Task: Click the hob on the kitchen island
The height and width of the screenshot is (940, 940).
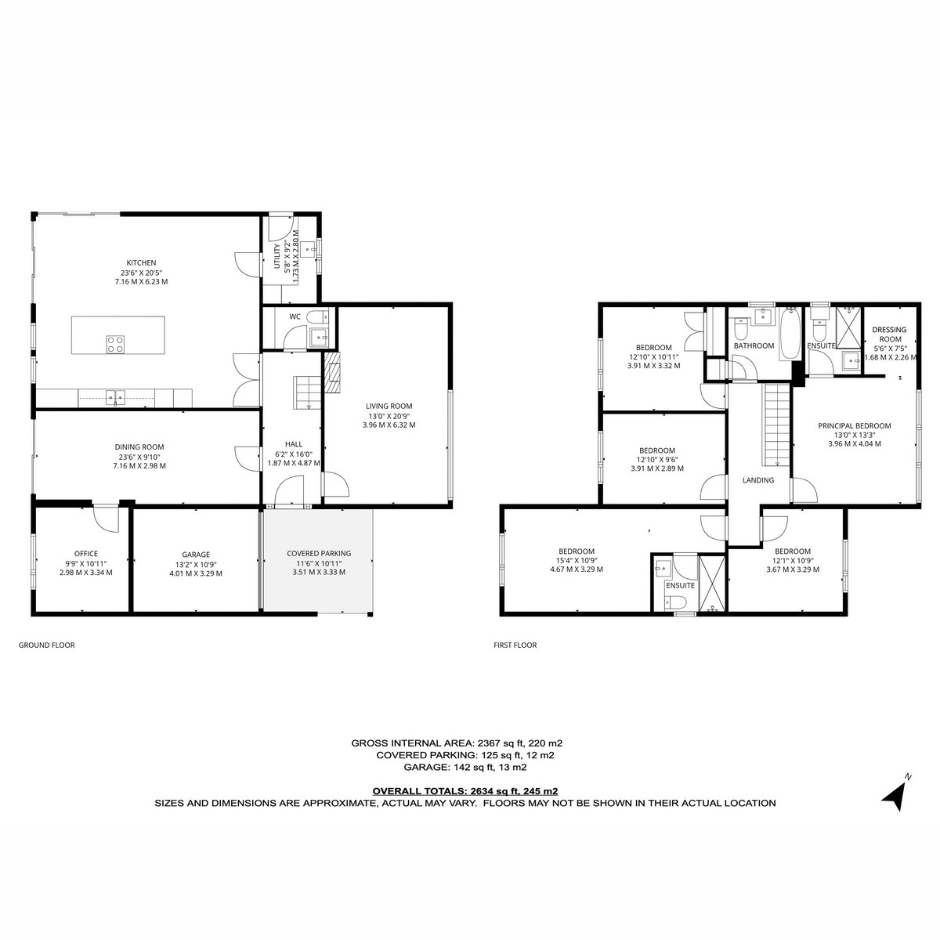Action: coord(116,344)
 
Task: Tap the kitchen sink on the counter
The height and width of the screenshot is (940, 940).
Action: coord(116,398)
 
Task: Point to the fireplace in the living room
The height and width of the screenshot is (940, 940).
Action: coord(334,373)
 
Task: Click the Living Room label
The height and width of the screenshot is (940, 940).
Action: coord(389,415)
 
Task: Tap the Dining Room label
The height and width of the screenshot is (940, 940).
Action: coord(139,456)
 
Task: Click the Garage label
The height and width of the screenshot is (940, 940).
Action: coord(196,564)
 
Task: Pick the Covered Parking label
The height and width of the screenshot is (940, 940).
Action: coord(319,563)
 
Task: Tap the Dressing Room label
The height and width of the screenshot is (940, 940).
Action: coord(890,343)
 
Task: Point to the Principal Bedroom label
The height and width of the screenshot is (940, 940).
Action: coord(854,435)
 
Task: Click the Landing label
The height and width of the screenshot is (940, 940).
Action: coord(758,480)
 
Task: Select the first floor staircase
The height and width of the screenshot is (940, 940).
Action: coord(775,425)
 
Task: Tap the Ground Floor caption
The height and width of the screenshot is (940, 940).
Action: coord(46,645)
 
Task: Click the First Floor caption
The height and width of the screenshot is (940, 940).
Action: coord(515,645)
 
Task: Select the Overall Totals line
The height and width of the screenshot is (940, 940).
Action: coord(465,791)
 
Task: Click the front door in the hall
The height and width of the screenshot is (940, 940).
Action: coord(290,493)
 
